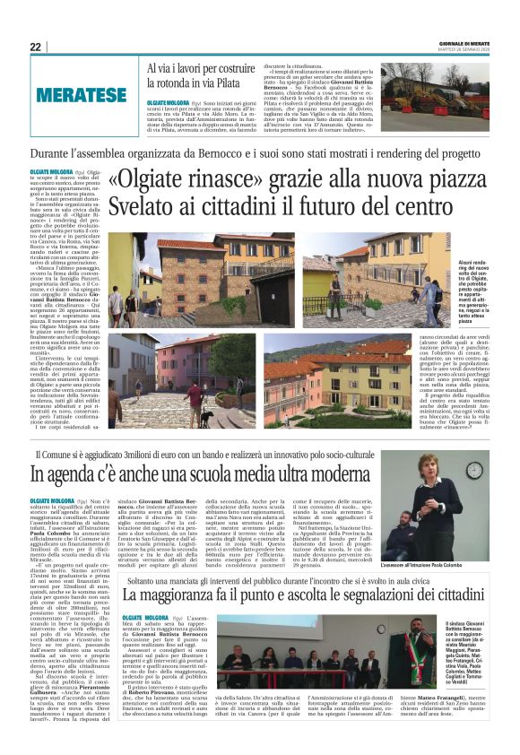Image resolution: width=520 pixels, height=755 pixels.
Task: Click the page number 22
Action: [35, 47]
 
